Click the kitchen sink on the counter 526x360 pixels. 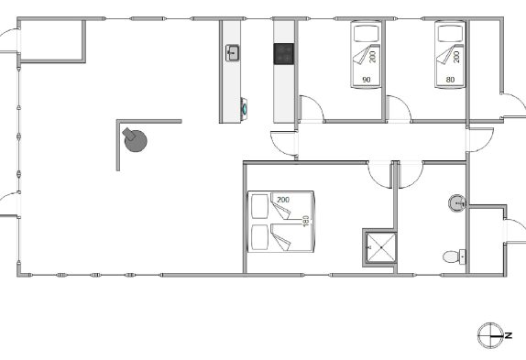[232, 53]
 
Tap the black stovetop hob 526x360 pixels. [284, 54]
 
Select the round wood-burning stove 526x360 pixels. [135, 139]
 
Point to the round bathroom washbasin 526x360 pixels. [457, 202]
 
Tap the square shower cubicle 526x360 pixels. [381, 247]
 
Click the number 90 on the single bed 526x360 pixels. [367, 80]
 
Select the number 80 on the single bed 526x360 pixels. [450, 80]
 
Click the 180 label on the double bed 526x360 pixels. [305, 221]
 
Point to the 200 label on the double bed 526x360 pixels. [283, 200]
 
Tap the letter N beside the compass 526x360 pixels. [509, 335]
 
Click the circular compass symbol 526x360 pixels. [490, 335]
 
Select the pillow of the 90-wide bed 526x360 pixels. [366, 33]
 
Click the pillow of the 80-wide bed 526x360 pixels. [450, 33]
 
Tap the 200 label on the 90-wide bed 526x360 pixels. [372, 57]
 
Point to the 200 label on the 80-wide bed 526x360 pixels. [456, 57]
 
